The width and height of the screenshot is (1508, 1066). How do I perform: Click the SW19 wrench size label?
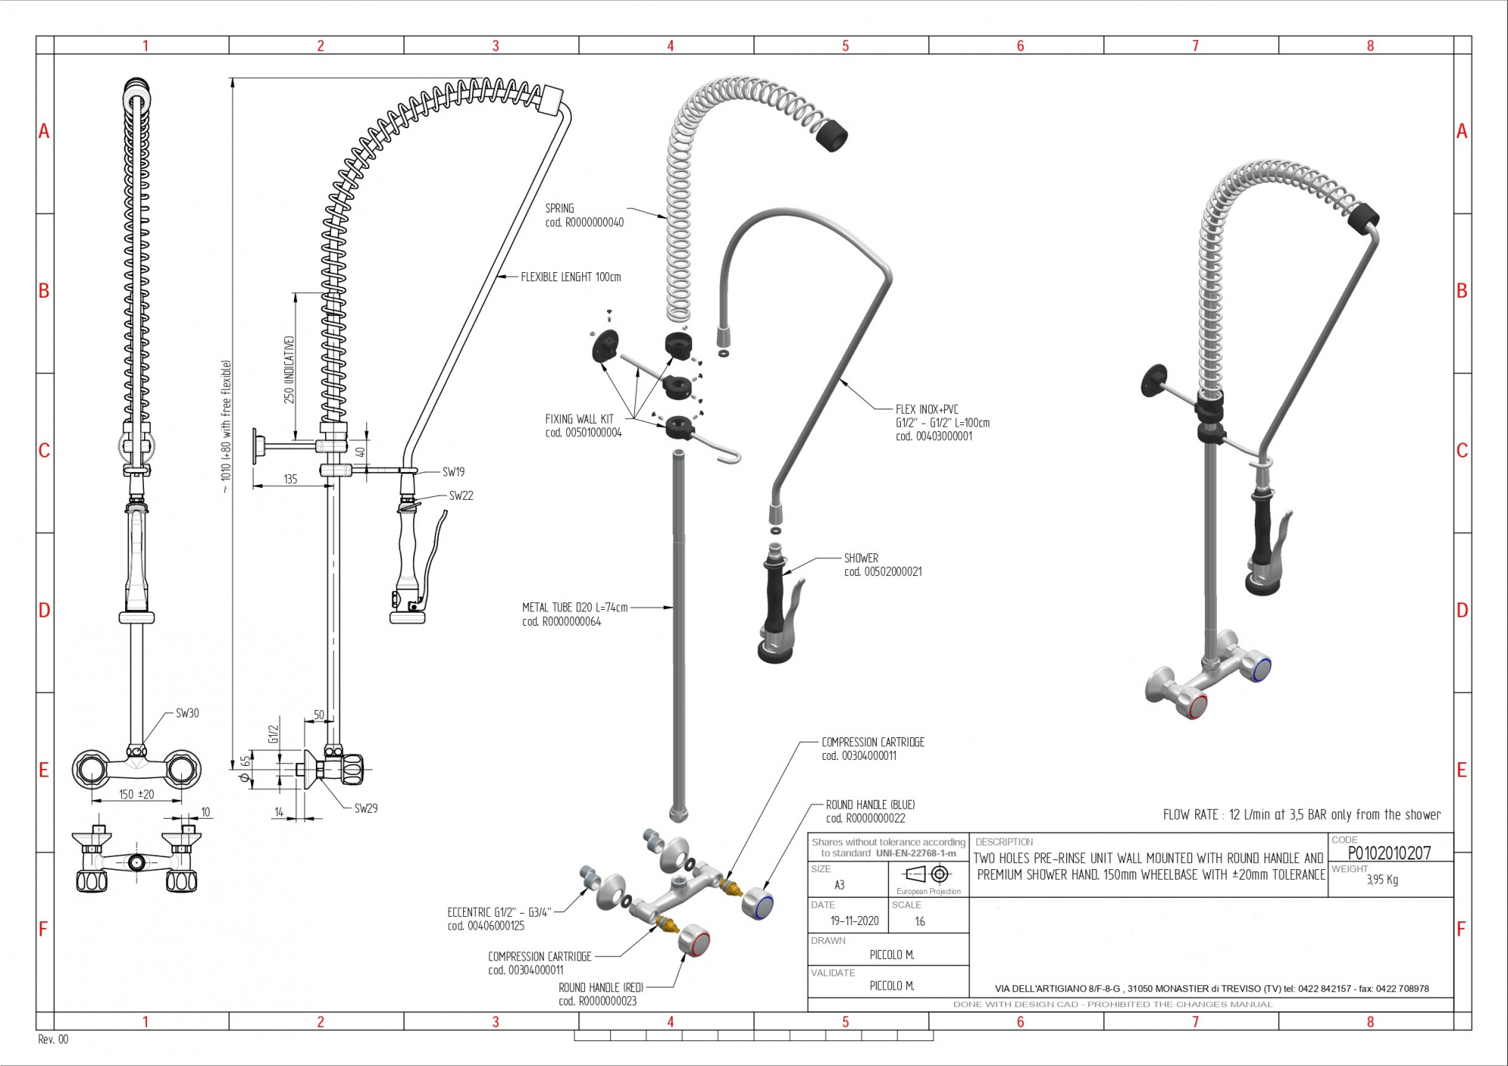tap(453, 473)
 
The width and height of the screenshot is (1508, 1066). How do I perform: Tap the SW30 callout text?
tap(187, 713)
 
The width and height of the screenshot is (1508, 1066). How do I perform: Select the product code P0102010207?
tap(1389, 853)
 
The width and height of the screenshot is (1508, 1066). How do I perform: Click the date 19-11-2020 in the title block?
tap(854, 920)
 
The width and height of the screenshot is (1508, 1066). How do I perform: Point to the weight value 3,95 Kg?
tap(1382, 880)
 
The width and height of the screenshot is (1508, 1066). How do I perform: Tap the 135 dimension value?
tap(290, 479)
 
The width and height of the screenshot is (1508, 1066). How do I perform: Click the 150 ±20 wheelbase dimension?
tap(136, 795)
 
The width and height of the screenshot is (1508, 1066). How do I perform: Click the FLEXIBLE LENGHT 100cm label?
tap(571, 277)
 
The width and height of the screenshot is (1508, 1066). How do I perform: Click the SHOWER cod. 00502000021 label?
tap(882, 565)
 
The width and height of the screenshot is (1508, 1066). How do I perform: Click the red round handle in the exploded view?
tap(694, 942)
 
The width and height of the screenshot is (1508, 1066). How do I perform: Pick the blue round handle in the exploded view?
tap(757, 903)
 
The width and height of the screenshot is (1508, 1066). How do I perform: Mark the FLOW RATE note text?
tap(1301, 815)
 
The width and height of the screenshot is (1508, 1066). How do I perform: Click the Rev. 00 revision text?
tap(53, 1040)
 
